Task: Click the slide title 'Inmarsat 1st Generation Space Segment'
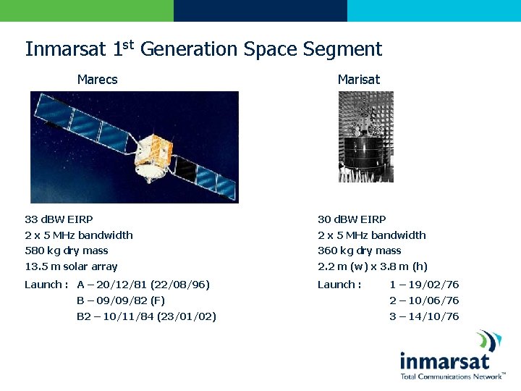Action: tap(203, 49)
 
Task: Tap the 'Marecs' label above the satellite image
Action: tap(97, 80)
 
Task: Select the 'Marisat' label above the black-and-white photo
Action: tap(358, 80)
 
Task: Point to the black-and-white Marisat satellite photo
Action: tap(366, 138)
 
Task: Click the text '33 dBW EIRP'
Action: tap(59, 219)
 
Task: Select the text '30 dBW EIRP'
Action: tap(352, 219)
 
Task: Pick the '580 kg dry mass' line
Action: tap(66, 251)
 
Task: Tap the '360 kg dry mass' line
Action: tap(359, 251)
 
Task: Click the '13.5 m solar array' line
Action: tap(71, 266)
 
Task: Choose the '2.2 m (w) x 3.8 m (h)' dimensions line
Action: tap(373, 266)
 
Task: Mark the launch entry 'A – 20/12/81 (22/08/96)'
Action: tap(143, 285)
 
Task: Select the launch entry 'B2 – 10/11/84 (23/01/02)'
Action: tap(146, 316)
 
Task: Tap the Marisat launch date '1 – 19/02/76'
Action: tap(424, 285)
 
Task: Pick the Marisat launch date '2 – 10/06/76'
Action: tap(424, 300)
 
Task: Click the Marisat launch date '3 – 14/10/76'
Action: tap(424, 316)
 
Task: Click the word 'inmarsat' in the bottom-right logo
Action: tap(444, 361)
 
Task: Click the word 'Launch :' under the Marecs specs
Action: tap(46, 285)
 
